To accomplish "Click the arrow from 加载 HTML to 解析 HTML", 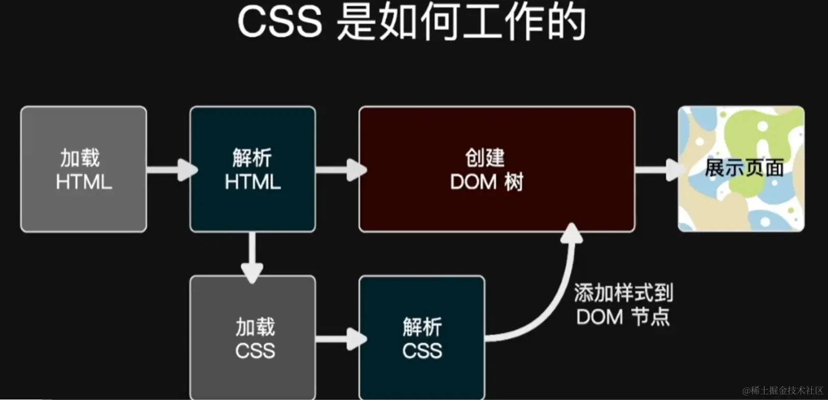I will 171,169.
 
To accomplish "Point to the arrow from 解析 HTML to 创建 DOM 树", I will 340,169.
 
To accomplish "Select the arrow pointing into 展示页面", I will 658,169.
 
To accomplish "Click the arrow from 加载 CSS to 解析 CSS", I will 340,339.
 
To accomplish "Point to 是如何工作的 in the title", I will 461,23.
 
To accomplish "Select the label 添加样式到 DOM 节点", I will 623,305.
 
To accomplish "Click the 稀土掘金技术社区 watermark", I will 783,391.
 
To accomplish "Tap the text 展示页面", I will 744,168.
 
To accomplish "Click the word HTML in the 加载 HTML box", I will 84,182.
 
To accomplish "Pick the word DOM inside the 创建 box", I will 473,182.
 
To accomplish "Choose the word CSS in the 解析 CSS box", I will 422,351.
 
